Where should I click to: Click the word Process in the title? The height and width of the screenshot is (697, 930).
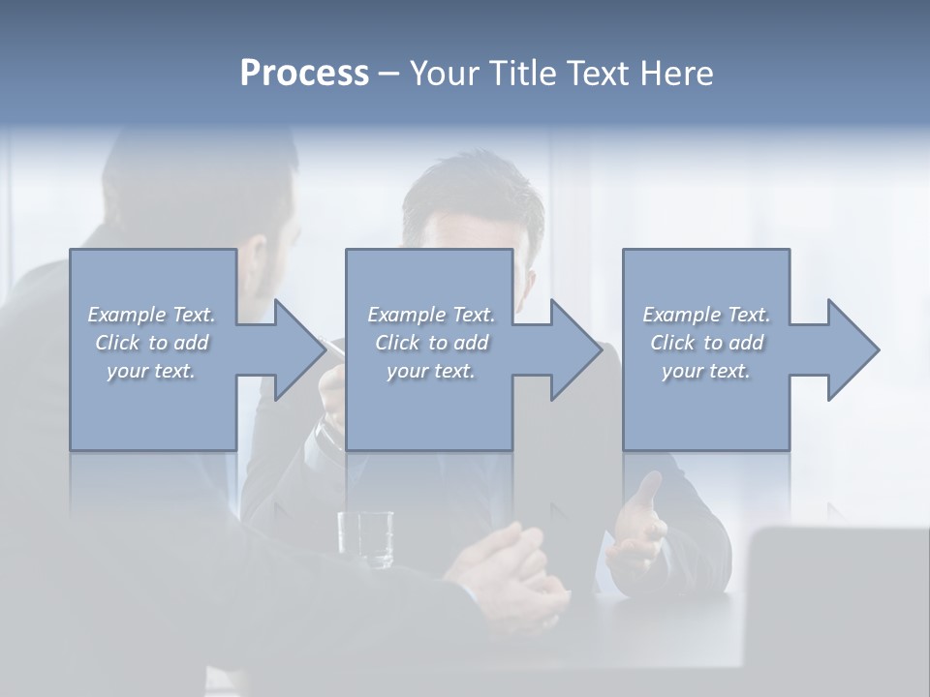click(304, 73)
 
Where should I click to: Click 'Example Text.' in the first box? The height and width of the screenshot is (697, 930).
click(152, 315)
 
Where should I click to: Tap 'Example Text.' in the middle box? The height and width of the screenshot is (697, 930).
click(431, 315)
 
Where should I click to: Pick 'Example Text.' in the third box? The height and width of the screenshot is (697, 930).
click(706, 315)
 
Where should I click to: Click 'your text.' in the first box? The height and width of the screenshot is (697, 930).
click(152, 371)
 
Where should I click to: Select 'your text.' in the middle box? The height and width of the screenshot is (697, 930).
click(431, 371)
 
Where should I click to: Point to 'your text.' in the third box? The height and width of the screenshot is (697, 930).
click(706, 371)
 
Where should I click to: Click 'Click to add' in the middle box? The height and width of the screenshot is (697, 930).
click(431, 343)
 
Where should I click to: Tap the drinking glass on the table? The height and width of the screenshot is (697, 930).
click(365, 538)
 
